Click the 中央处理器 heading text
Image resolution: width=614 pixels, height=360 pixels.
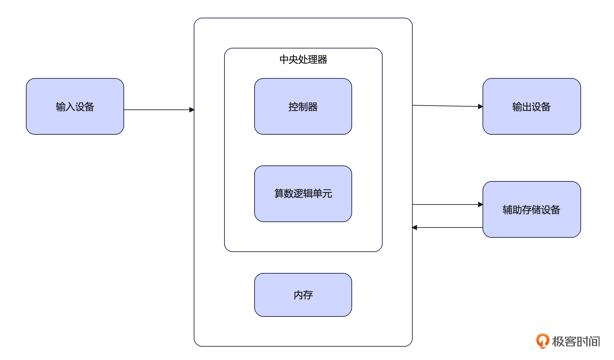point(303,60)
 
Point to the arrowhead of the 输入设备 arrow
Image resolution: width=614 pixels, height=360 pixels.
point(192,110)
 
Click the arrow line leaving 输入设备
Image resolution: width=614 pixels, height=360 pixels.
point(157,110)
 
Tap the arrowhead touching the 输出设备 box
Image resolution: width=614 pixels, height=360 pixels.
point(480,107)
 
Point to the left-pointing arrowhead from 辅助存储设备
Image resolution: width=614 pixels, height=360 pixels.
point(415,228)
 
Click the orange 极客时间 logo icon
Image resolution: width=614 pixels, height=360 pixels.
point(543,341)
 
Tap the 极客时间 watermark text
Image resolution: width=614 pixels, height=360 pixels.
point(576,341)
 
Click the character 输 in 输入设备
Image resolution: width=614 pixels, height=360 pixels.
point(60,107)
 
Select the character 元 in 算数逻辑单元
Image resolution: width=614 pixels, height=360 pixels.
point(327,194)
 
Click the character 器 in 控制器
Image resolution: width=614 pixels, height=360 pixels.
point(313,107)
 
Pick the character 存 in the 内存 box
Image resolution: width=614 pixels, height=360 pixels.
point(308,295)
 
